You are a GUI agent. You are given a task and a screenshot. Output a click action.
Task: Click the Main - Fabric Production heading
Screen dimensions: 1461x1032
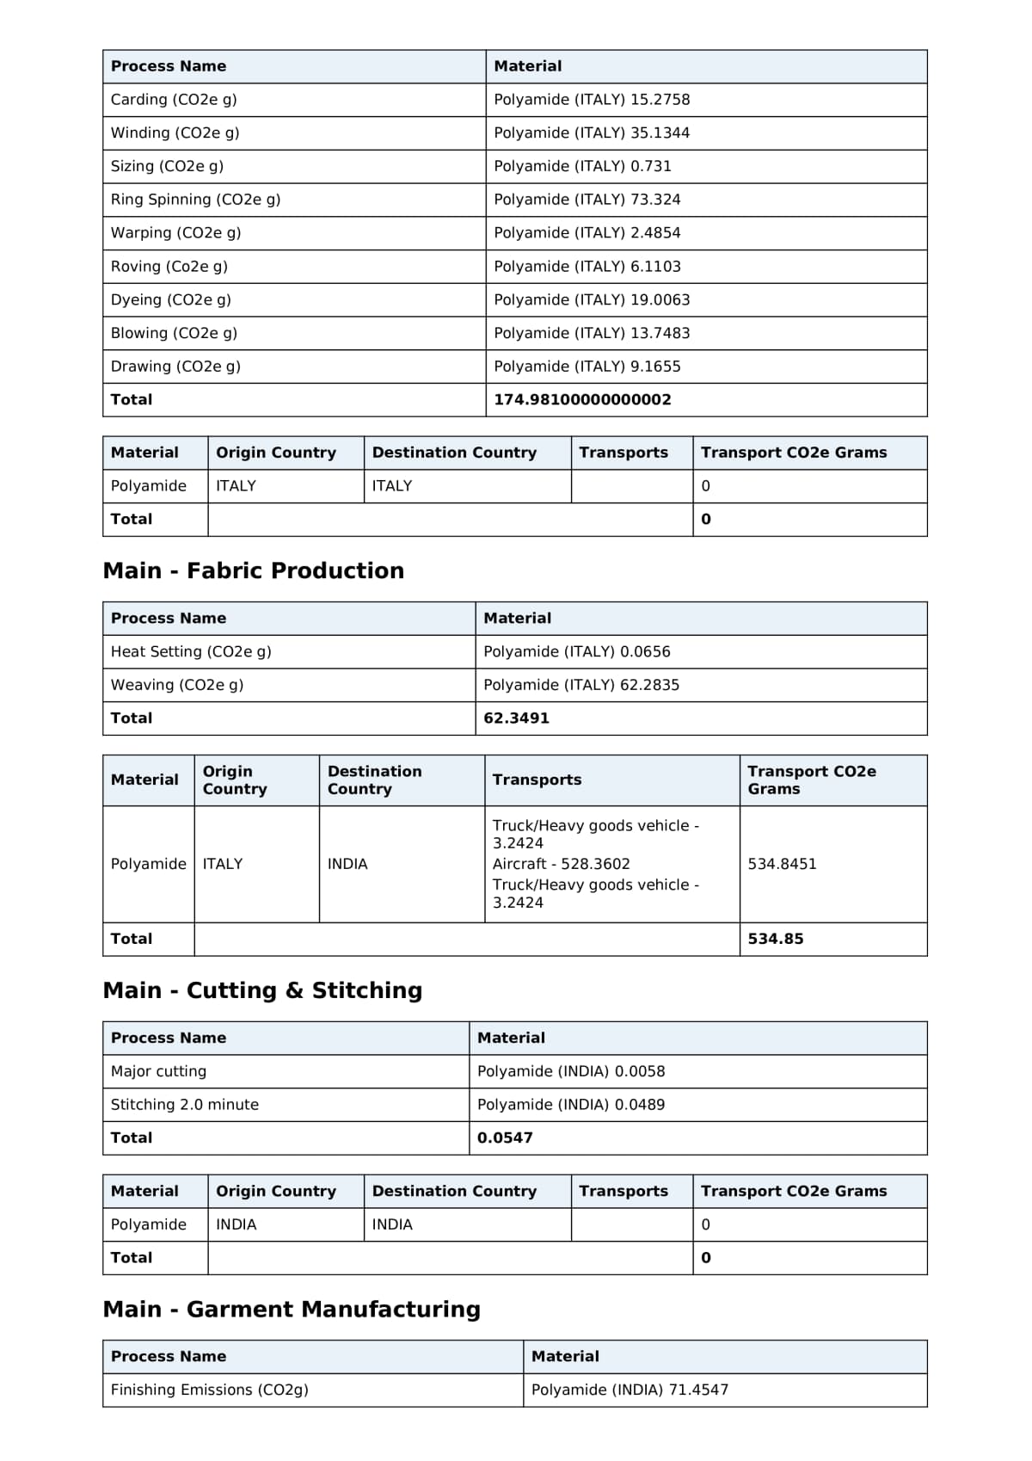coord(253,570)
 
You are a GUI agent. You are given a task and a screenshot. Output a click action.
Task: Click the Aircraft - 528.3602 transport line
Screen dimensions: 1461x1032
coord(561,864)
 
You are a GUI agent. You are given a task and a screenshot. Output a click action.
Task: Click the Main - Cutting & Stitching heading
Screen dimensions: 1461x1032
coord(262,990)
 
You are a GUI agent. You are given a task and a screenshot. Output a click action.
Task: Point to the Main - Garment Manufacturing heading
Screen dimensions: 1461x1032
coord(292,1310)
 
